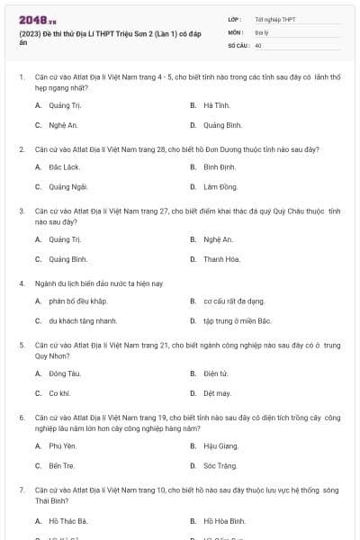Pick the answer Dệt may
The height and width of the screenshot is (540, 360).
pos(217,393)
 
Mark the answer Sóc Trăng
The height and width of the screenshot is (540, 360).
pos(220,466)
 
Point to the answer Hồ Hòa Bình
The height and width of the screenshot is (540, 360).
pos(224,521)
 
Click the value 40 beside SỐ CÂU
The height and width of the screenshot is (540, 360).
pos(258,44)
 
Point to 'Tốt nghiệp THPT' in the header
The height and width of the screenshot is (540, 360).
pos(274,18)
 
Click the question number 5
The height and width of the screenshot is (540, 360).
pos(21,345)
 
